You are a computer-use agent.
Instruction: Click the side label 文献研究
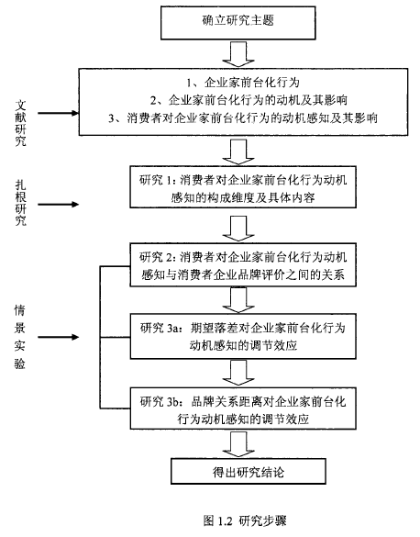coord(20,123)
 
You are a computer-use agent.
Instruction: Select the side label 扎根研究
coord(20,203)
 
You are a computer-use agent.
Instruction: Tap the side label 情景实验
coord(20,337)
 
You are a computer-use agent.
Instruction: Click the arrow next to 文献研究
coord(58,113)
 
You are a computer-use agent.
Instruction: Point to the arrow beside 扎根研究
coord(58,205)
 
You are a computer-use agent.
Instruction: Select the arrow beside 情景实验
coord(58,337)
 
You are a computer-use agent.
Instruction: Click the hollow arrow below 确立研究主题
coord(238,54)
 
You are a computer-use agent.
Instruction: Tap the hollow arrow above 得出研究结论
coord(238,444)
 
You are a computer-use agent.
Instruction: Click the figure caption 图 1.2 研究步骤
coord(245,520)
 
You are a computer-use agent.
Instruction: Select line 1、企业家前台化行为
coord(243,83)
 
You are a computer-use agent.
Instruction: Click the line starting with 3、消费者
coord(243,118)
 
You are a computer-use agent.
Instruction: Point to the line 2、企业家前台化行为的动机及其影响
coord(249,100)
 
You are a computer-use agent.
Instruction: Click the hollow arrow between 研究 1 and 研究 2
coord(238,229)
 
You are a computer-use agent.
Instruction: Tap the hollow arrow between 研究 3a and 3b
coord(238,373)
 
